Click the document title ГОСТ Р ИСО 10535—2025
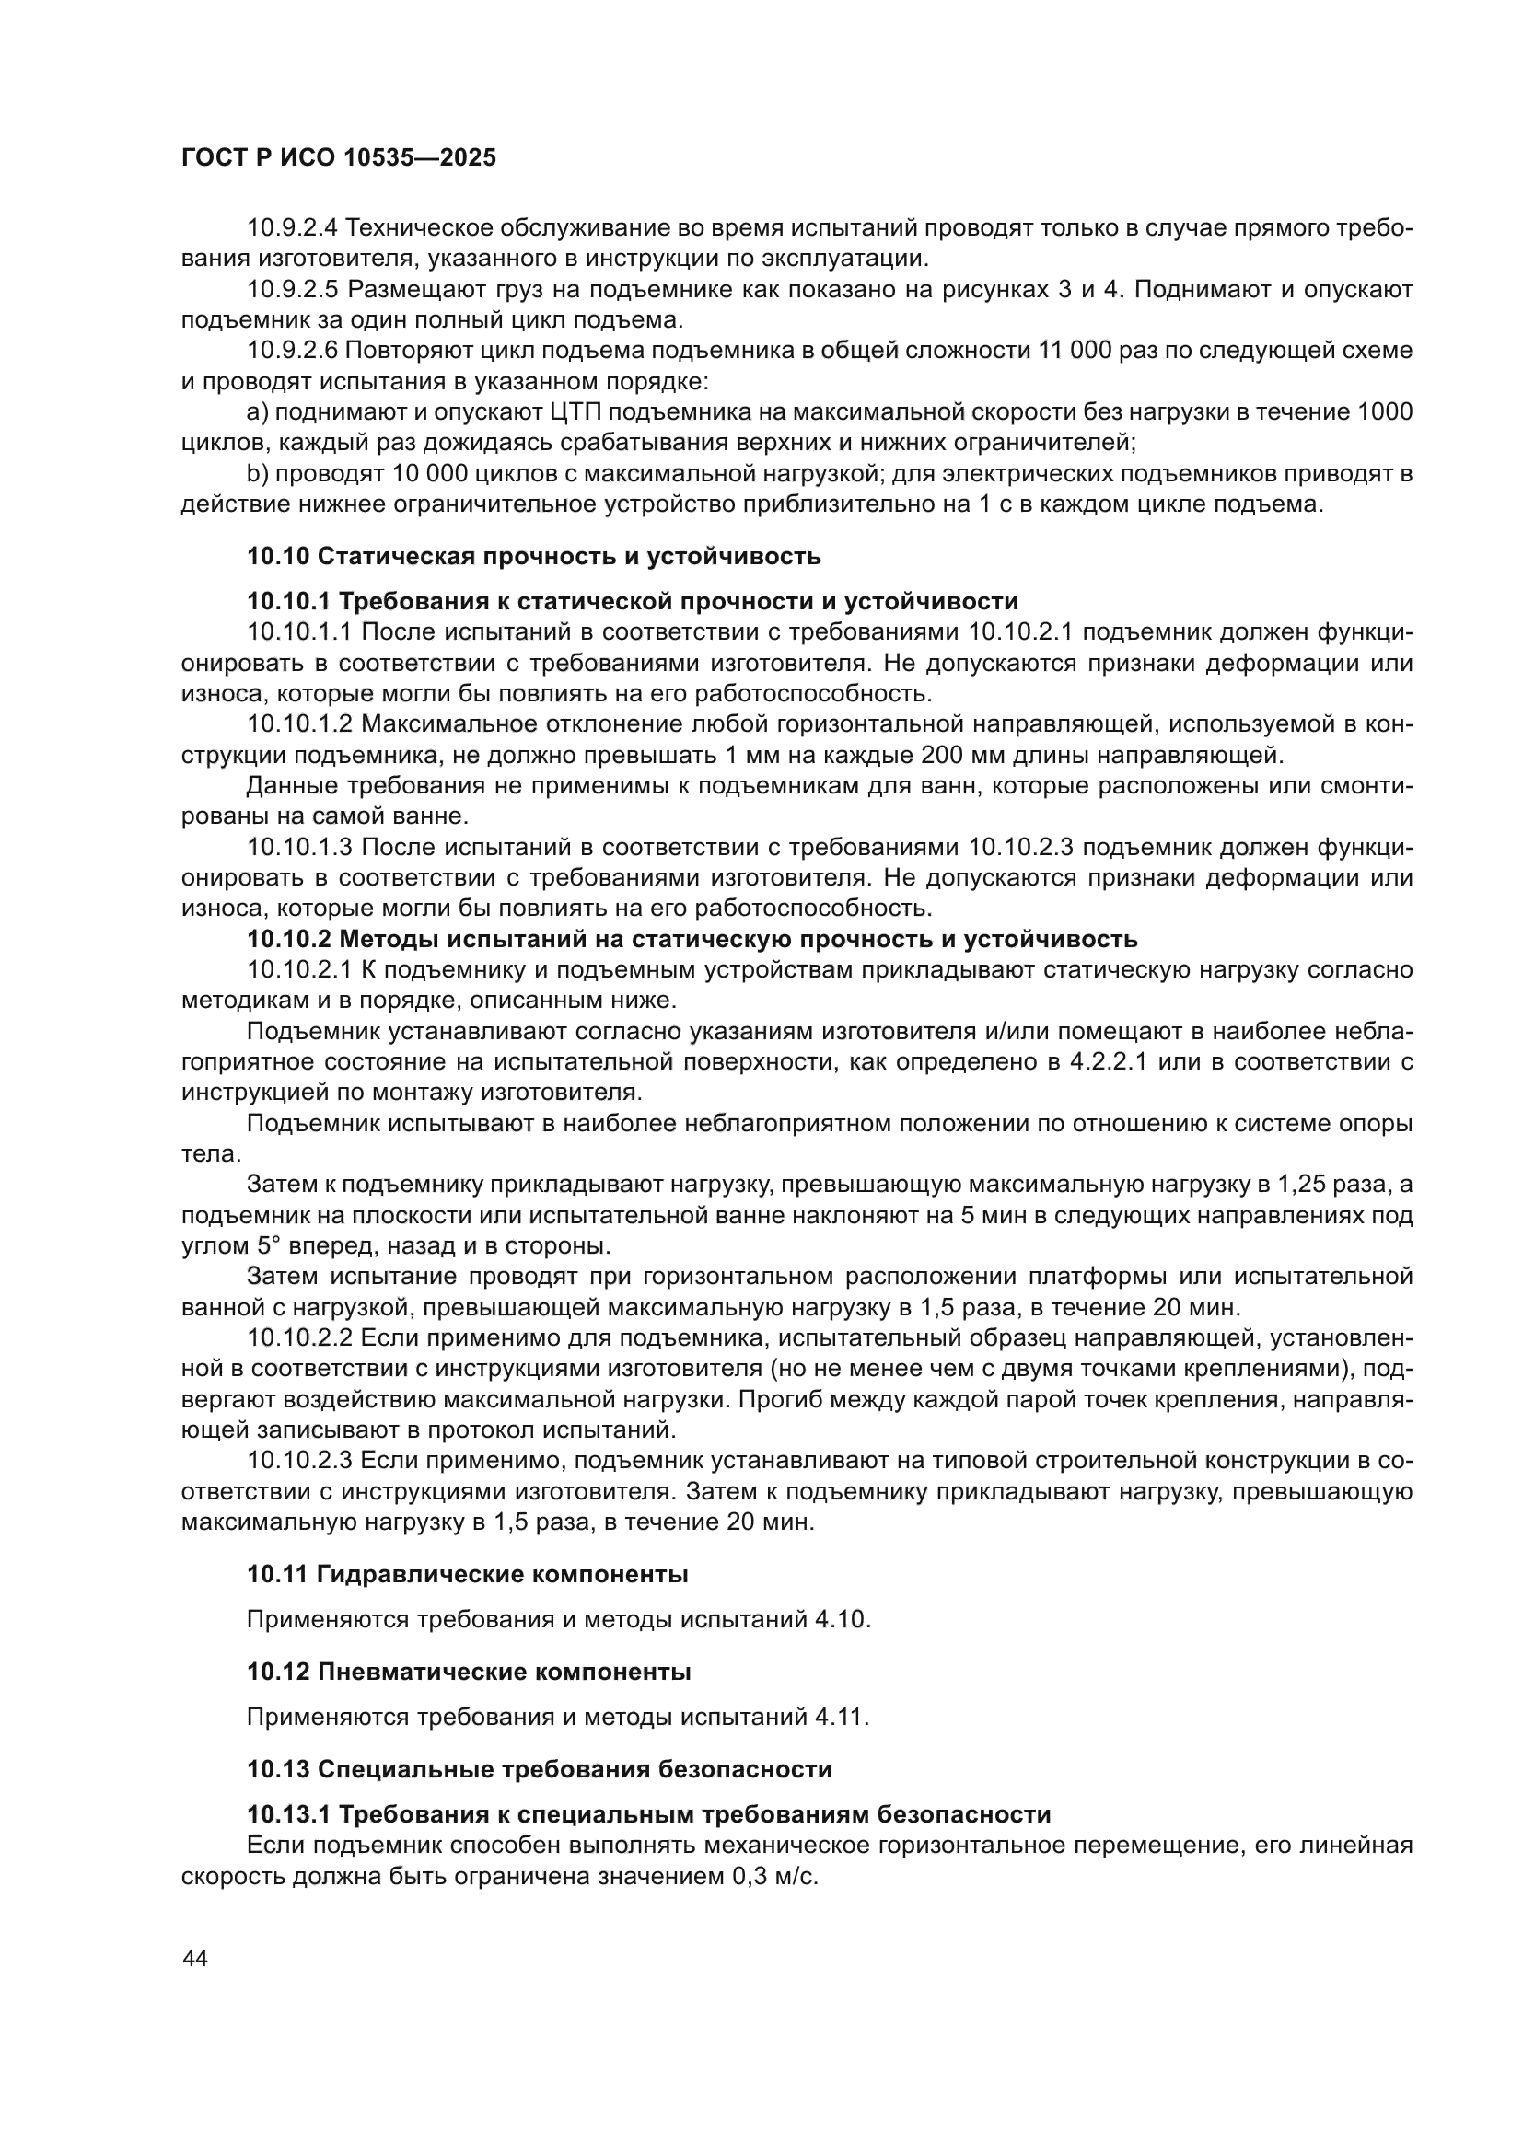pyautogui.click(x=339, y=158)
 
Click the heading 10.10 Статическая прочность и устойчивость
pyautogui.click(x=534, y=556)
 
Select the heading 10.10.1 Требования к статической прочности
pyautogui.click(x=632, y=601)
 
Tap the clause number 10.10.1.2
pyautogui.click(x=299, y=723)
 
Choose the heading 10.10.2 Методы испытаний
pyautogui.click(x=692, y=939)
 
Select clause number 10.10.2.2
pyautogui.click(x=299, y=1338)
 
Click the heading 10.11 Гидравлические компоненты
pyautogui.click(x=467, y=1574)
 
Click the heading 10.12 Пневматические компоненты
pyautogui.click(x=469, y=1672)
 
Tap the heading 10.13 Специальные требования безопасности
pyautogui.click(x=540, y=1769)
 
